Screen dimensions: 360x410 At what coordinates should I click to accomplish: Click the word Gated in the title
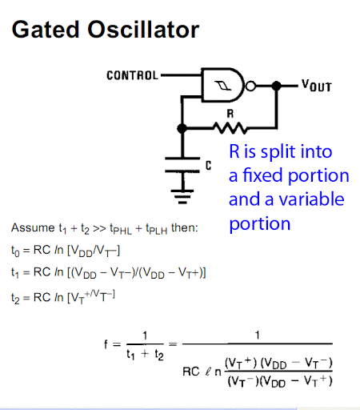[46, 30]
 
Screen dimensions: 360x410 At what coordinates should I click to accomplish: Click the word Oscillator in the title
[143, 30]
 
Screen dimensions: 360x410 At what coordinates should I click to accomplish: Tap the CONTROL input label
[133, 75]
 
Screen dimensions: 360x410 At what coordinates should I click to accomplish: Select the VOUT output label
[317, 86]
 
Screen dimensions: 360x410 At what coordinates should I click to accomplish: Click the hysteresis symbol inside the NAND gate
[223, 86]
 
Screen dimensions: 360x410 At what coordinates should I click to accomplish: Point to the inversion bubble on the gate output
[250, 86]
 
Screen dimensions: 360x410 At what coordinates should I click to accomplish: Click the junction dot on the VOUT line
[276, 86]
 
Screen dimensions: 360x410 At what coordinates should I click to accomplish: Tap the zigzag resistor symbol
[230, 128]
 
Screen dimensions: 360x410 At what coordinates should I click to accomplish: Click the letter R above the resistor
[230, 114]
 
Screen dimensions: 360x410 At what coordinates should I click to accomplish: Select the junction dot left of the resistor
[182, 128]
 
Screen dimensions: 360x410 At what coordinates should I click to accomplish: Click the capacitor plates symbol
[182, 165]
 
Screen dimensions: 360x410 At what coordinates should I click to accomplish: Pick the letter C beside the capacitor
[209, 166]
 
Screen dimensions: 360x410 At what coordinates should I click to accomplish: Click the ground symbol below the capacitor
[182, 197]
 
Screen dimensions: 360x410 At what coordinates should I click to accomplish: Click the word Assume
[33, 228]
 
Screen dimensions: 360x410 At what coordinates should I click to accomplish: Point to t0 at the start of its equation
[15, 251]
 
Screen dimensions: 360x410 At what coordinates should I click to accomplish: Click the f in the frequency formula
[106, 344]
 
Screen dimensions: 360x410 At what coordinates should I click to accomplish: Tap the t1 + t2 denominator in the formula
[145, 355]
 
